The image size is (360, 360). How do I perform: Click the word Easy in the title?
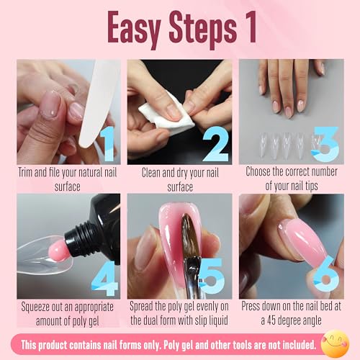pyautogui.click(x=134, y=30)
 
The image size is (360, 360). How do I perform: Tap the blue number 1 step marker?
pyautogui.click(x=107, y=144)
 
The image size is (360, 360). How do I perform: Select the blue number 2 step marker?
pyautogui.click(x=216, y=144)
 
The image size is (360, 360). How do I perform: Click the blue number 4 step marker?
pyautogui.click(x=105, y=279)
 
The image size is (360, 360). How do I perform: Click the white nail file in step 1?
pyautogui.click(x=99, y=103)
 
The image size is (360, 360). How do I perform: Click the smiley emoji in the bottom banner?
pyautogui.click(x=335, y=343)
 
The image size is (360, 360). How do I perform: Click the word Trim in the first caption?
pyautogui.click(x=25, y=173)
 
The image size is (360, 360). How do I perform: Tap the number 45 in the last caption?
pyautogui.click(x=271, y=320)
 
